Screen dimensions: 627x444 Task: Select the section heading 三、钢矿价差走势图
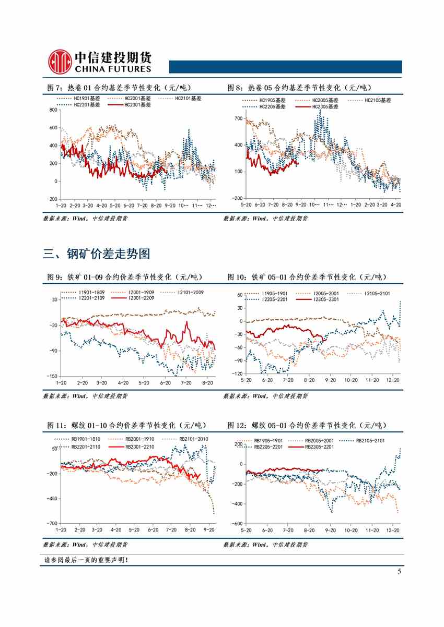[97, 254]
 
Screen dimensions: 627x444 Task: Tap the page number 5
[399, 572]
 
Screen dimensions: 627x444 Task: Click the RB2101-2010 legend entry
[193, 439]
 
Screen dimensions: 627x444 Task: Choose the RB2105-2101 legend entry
[370, 441]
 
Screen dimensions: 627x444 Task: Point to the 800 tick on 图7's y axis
[52, 110]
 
